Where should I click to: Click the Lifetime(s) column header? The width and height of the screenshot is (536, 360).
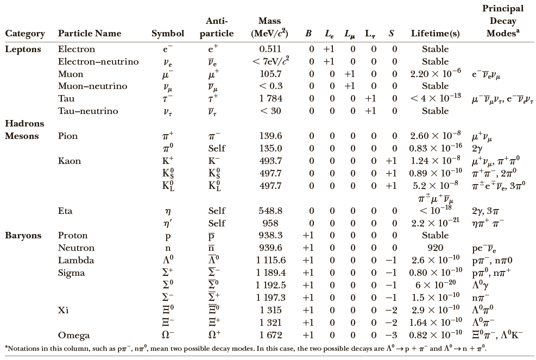click(x=435, y=34)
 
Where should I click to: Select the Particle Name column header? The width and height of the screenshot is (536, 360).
click(x=90, y=34)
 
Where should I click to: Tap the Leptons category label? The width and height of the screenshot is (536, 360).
click(x=23, y=49)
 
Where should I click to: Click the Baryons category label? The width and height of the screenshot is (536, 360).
click(x=23, y=236)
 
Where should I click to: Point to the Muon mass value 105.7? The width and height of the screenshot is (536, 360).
click(x=270, y=74)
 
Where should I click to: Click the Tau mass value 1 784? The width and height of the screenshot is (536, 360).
click(x=270, y=99)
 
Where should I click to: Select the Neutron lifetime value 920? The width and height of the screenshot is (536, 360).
click(x=435, y=248)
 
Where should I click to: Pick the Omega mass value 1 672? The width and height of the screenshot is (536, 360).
click(x=270, y=335)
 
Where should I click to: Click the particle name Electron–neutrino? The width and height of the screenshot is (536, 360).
click(x=98, y=61)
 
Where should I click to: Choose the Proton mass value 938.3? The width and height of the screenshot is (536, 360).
click(x=270, y=236)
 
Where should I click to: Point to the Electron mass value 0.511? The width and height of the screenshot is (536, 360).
click(x=270, y=49)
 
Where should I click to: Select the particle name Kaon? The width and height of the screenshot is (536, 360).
click(x=70, y=161)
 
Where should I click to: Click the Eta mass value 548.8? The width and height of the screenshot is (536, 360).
click(x=270, y=211)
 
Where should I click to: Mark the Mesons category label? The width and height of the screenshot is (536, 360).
click(x=22, y=136)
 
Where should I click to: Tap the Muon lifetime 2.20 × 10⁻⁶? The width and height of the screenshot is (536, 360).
click(x=435, y=74)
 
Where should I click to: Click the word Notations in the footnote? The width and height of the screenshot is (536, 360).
click(x=25, y=348)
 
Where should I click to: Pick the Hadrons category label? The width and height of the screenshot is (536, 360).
click(x=24, y=124)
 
